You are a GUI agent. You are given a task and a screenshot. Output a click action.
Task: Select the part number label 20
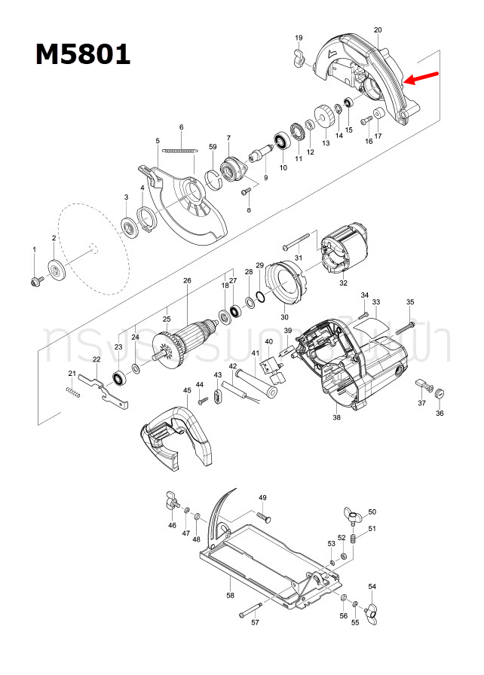(378, 30)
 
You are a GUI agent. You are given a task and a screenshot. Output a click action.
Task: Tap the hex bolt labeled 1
(35, 280)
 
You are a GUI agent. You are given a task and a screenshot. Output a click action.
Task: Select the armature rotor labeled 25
(183, 343)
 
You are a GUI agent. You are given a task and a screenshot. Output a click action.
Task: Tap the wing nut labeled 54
(372, 611)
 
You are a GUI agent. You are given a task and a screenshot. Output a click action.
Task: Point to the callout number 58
(231, 595)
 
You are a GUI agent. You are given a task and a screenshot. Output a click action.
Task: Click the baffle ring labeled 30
(287, 283)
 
